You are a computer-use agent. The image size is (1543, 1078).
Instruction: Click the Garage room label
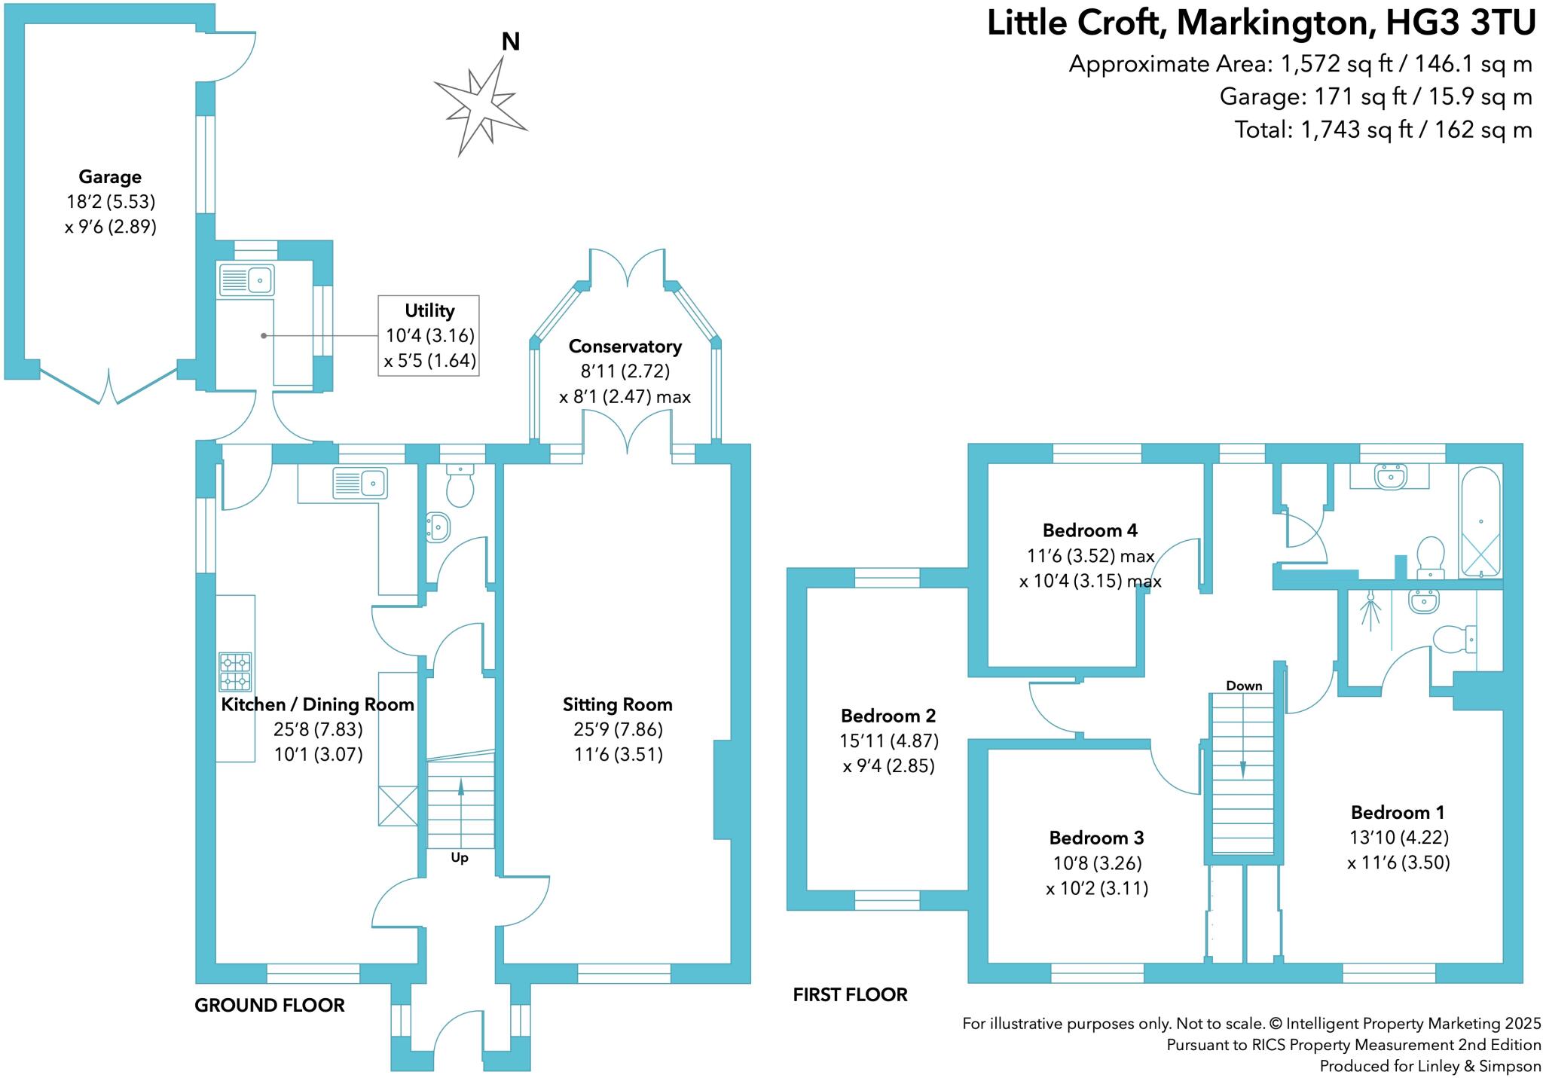coord(110,177)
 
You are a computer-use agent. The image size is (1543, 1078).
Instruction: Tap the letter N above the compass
coord(511,42)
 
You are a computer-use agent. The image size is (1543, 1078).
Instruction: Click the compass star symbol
coord(481,105)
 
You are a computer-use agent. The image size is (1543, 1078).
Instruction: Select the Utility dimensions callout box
coord(429,335)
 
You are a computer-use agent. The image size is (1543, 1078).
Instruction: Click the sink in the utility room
coord(246,279)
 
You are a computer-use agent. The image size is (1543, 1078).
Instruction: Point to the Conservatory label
coord(625,347)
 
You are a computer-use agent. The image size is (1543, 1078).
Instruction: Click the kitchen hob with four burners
coord(235,672)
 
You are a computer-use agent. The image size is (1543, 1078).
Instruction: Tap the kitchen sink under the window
coord(360,483)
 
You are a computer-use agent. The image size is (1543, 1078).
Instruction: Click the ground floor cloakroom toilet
coord(460,486)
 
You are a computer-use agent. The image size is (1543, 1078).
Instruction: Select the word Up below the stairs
coord(460,858)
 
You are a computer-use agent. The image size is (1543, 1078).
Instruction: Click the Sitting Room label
coord(617,705)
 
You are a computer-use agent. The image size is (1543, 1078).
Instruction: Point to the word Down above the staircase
coord(1244,686)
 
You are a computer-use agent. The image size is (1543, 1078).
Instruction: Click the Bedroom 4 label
coord(1089,530)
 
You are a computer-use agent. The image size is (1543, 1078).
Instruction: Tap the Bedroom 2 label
coord(888,716)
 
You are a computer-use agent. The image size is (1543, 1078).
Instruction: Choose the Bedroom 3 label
coord(1096,838)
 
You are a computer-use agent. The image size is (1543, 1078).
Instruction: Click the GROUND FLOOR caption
coord(270,1006)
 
